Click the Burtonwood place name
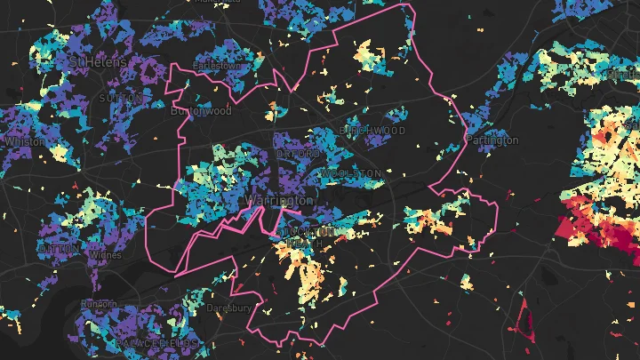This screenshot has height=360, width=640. coord(202,111)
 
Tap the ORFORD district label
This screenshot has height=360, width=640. coord(298,154)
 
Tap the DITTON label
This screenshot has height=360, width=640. coord(58,249)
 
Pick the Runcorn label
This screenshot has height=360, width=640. coord(98,304)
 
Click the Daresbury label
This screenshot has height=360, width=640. coord(228,308)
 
